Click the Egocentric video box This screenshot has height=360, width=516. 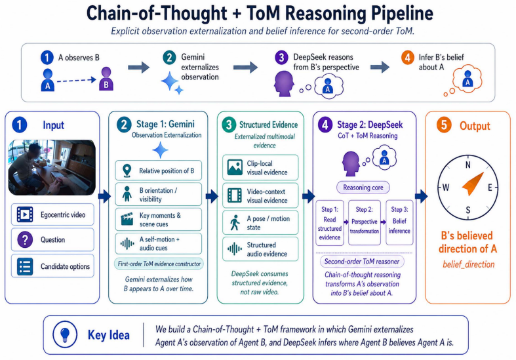(52, 214)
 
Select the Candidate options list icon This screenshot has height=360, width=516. (25, 266)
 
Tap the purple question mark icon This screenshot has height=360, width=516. (25, 239)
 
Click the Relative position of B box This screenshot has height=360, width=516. (158, 170)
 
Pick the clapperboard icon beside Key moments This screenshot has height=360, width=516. (127, 219)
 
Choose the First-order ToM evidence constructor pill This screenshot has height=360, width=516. (159, 264)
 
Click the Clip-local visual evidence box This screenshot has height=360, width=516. (260, 167)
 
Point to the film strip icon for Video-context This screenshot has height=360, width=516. (235, 195)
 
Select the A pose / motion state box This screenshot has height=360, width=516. (260, 223)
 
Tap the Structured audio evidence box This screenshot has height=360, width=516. (260, 249)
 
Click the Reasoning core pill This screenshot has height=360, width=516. (363, 188)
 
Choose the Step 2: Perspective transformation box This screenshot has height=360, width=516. (365, 222)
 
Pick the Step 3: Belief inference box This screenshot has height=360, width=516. (399, 222)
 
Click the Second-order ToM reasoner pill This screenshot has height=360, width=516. (362, 262)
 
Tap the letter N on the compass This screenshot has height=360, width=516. (468, 165)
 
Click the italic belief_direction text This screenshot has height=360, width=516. (469, 264)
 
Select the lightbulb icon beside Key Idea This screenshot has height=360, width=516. (65, 334)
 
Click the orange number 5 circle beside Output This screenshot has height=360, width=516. (444, 125)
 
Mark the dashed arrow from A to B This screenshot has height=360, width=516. (76, 80)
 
